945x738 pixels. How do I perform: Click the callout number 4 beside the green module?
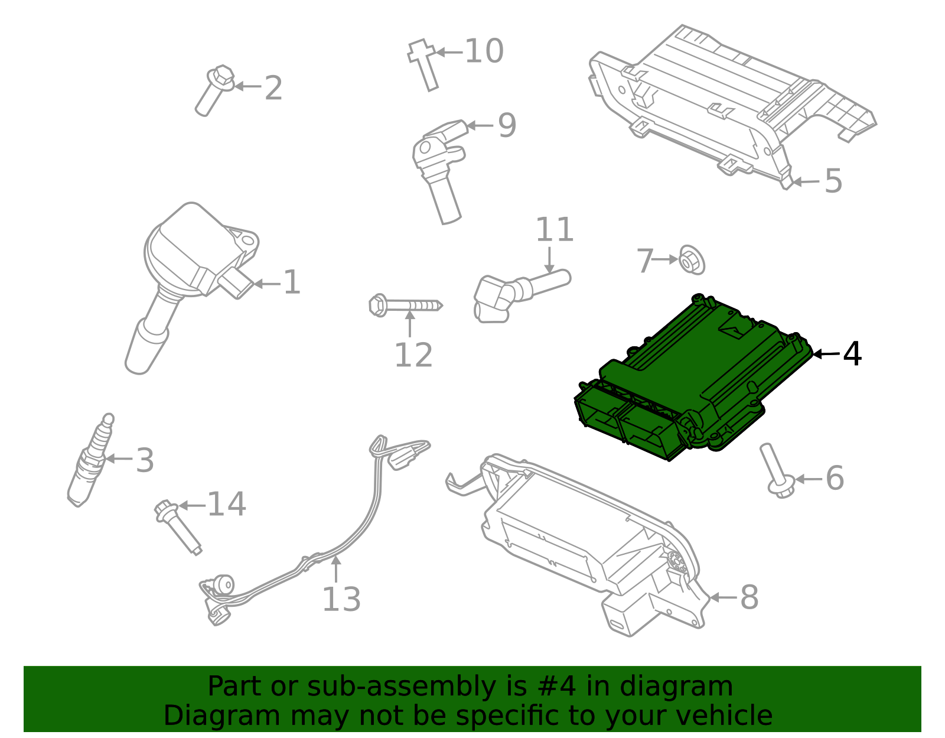(x=852, y=354)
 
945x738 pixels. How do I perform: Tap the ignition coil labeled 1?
(x=189, y=260)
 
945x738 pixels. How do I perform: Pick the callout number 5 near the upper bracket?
(x=833, y=181)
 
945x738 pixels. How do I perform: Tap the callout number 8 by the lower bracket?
(x=749, y=597)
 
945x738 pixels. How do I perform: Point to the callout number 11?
(x=554, y=230)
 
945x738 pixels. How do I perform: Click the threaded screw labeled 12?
(x=404, y=305)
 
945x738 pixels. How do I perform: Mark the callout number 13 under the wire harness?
(x=341, y=599)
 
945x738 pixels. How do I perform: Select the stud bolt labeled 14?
(x=177, y=526)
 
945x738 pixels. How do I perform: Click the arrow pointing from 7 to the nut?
(x=666, y=259)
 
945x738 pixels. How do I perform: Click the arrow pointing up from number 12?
(x=410, y=324)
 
